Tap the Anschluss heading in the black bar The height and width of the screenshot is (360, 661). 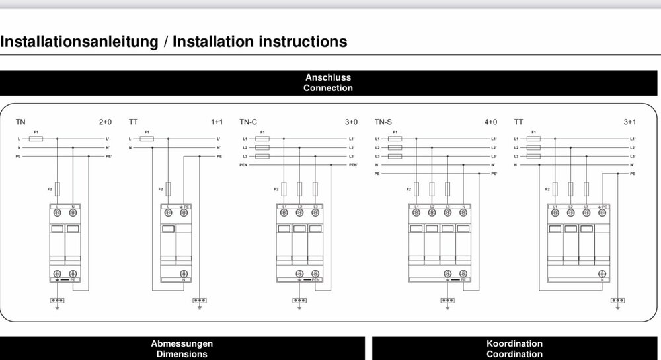click(x=329, y=77)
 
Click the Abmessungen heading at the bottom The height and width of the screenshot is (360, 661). click(x=182, y=343)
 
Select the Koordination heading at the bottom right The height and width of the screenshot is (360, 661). click(x=514, y=343)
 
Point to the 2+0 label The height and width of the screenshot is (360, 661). click(x=105, y=122)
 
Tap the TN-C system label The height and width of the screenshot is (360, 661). click(x=248, y=122)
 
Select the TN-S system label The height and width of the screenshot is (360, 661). click(x=383, y=122)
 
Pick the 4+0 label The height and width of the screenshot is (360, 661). click(x=492, y=122)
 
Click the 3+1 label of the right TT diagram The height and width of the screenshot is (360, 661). click(x=629, y=122)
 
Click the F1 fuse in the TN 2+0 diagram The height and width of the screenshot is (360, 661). click(x=37, y=139)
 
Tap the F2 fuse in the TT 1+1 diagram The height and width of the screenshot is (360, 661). click(x=169, y=189)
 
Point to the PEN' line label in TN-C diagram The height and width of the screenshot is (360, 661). click(x=353, y=164)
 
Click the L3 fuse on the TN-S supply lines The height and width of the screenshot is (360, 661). click(x=395, y=156)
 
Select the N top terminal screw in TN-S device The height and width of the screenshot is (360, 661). click(x=463, y=213)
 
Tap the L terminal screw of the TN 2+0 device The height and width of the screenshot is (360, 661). click(x=58, y=213)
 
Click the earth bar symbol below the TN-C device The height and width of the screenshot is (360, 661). click(x=299, y=300)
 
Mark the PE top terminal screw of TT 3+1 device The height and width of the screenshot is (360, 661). click(x=602, y=213)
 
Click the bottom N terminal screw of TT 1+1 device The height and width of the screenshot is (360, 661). click(x=184, y=273)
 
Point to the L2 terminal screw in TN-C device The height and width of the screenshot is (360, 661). click(x=299, y=213)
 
